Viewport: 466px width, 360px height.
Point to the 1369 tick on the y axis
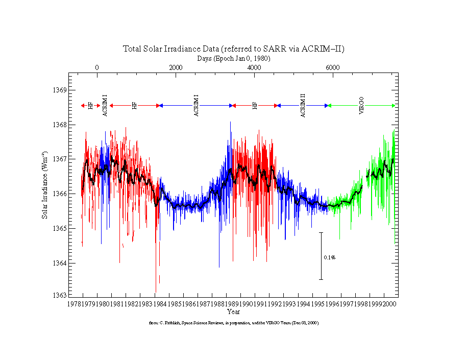[x=61, y=90]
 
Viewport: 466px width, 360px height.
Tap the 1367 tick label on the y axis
[x=61, y=159]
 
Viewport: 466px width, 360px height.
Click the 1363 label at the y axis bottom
[x=61, y=295]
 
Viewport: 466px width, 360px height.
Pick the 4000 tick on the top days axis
[x=254, y=68]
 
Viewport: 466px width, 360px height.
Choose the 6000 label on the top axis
[x=332, y=68]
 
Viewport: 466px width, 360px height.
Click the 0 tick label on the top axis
[x=97, y=68]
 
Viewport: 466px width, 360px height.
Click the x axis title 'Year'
[x=234, y=311]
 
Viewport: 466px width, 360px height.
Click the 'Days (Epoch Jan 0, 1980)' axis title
[x=234, y=59]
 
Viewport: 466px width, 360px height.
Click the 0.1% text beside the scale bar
[x=329, y=257]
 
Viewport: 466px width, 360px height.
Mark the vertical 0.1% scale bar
[x=321, y=256]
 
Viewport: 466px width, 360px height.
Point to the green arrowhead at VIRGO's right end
[x=394, y=106]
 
